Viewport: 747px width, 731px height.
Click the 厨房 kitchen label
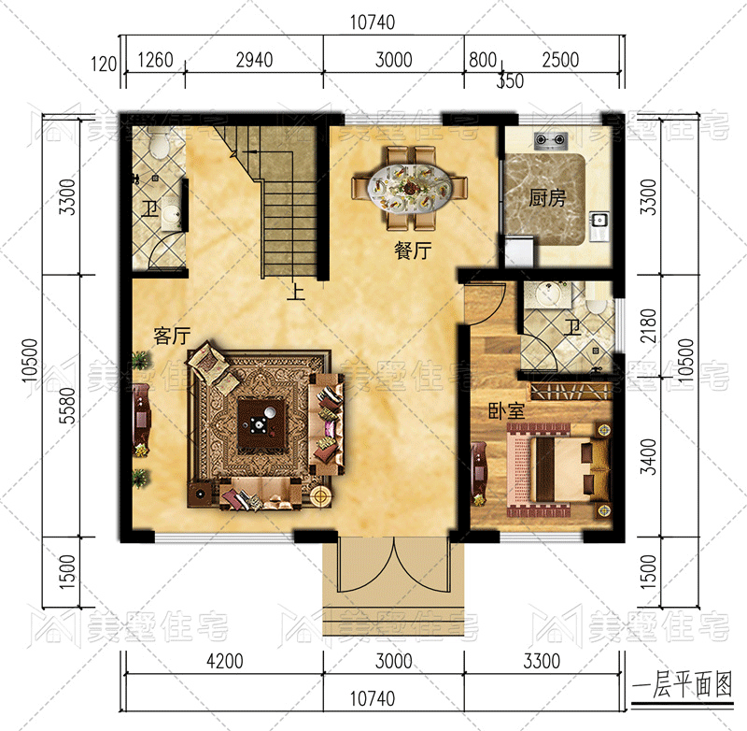(x=547, y=198)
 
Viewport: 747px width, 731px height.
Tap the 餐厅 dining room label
(x=413, y=250)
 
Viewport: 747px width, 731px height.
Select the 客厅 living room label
(x=172, y=336)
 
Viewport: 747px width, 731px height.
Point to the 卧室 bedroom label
(x=506, y=411)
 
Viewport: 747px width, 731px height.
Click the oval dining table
(x=410, y=187)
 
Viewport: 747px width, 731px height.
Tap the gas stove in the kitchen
(x=552, y=139)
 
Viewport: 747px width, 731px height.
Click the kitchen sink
(x=599, y=221)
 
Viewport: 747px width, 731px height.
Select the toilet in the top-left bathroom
(x=158, y=143)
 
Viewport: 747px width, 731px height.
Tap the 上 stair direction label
(x=296, y=292)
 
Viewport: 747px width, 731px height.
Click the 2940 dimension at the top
(x=254, y=60)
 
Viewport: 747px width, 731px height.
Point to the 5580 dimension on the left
(x=68, y=406)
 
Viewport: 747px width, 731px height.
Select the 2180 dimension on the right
(x=648, y=325)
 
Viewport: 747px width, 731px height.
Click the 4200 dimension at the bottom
(x=225, y=662)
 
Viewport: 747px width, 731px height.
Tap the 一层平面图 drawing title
(x=683, y=686)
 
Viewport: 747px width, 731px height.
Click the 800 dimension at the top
(x=483, y=60)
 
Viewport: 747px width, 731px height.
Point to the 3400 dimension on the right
(x=648, y=456)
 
